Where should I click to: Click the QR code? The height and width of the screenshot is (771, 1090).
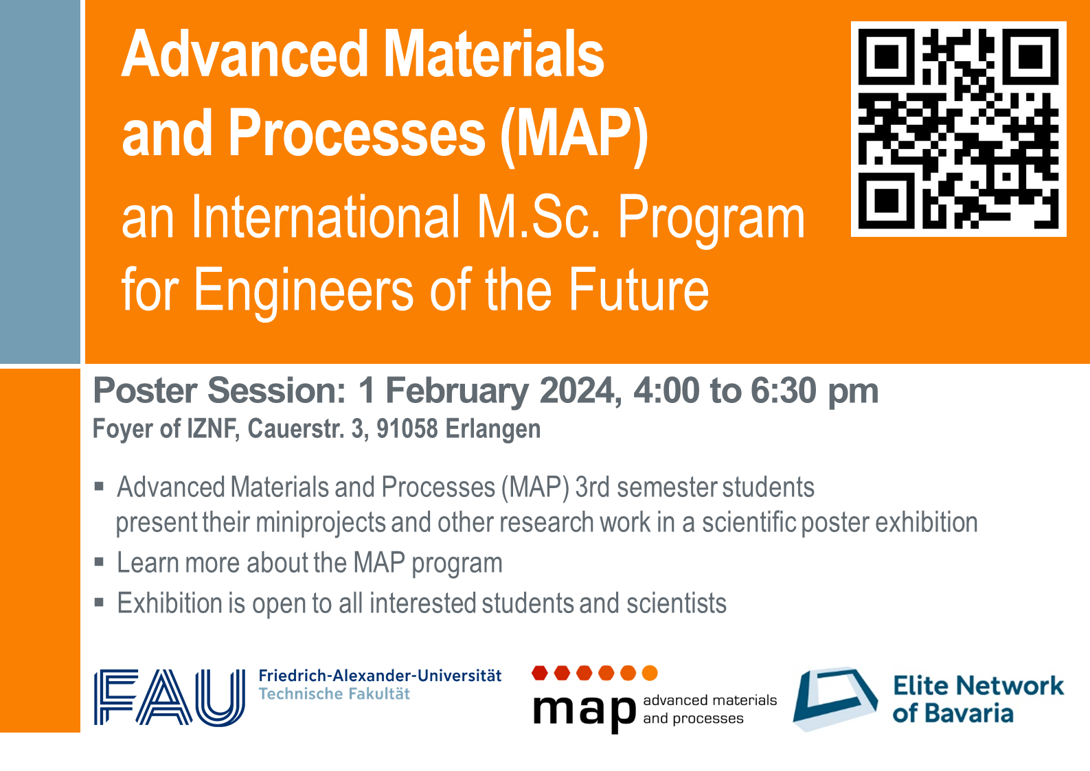click(x=958, y=129)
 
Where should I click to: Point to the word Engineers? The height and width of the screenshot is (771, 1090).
click(x=304, y=291)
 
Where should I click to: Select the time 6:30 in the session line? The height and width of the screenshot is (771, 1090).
click(x=783, y=391)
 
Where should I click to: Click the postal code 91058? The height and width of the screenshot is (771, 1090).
click(x=407, y=428)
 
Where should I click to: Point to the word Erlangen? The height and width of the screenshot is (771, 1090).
click(x=493, y=430)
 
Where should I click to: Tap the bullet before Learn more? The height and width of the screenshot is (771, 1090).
click(x=100, y=562)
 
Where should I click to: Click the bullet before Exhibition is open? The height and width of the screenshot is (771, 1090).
click(x=100, y=603)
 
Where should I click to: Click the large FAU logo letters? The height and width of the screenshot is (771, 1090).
click(x=170, y=698)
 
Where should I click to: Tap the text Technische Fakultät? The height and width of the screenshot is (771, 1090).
click(x=334, y=693)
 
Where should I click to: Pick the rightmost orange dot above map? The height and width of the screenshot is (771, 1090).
click(x=650, y=674)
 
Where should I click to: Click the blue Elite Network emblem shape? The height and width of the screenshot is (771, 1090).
click(x=835, y=698)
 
